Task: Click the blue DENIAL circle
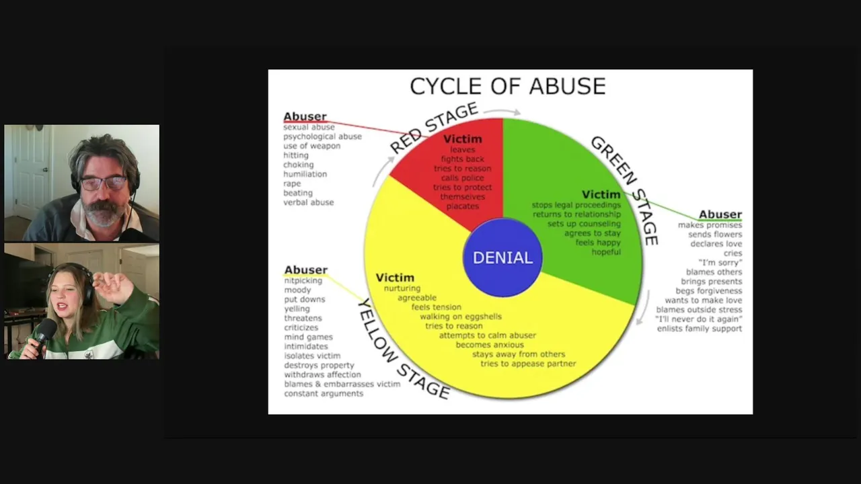(502, 257)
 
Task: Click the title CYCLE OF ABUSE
(508, 86)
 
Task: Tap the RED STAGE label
(433, 128)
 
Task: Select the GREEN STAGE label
(624, 189)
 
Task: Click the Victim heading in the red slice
(463, 139)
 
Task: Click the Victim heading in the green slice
(601, 195)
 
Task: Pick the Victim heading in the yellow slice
(395, 278)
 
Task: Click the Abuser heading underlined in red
(305, 116)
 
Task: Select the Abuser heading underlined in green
(720, 214)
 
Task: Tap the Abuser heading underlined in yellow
(305, 270)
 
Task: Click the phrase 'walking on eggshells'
(461, 317)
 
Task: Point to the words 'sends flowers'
(715, 235)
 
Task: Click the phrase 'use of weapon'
(311, 146)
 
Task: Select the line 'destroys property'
(319, 365)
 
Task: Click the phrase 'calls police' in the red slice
(463, 178)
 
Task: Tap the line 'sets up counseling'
(584, 224)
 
